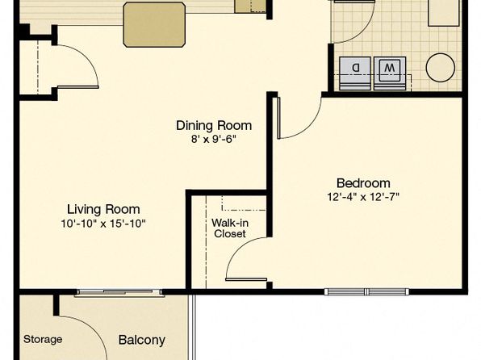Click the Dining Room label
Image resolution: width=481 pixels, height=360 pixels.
[x=214, y=126]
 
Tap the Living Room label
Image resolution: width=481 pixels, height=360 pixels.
[x=103, y=209]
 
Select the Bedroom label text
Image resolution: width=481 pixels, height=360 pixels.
[x=363, y=183]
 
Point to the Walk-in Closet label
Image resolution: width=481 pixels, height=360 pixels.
[x=230, y=228]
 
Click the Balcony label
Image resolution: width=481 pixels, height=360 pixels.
[x=142, y=340]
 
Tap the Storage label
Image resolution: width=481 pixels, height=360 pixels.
[x=43, y=339]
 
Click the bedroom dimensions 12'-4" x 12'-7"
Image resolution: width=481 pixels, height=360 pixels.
[x=363, y=197]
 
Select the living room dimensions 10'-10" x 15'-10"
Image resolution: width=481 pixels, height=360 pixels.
[x=103, y=224]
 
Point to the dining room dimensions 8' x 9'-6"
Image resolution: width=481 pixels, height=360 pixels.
[x=214, y=140]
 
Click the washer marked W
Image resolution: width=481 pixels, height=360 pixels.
[x=390, y=73]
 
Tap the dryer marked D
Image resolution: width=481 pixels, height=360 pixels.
[x=355, y=73]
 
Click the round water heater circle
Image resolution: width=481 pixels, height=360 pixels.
[x=440, y=68]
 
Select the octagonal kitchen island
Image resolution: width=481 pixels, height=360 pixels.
[x=154, y=24]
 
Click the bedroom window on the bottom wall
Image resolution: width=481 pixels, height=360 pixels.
[x=366, y=291]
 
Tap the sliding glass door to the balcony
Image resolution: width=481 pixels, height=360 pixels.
[x=119, y=293]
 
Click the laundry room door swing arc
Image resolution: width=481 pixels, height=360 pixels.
[x=362, y=31]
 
